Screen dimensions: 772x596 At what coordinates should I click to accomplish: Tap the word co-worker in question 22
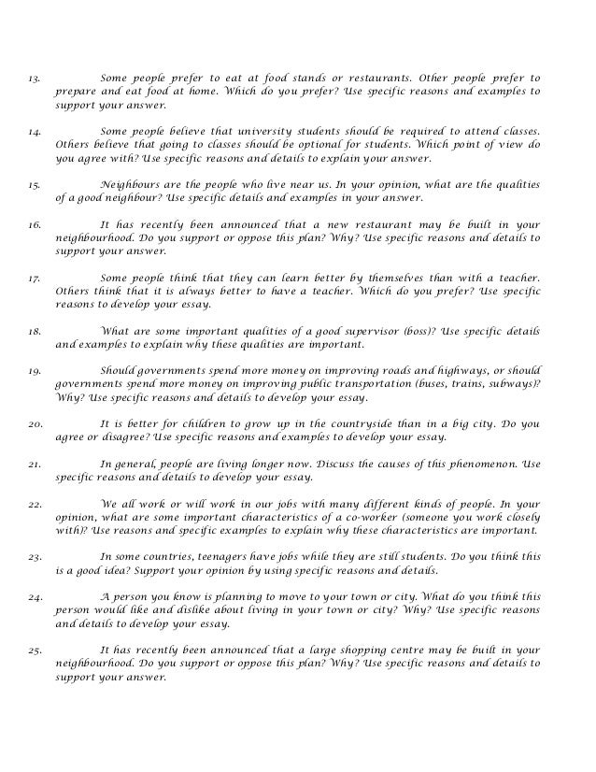pyautogui.click(x=333, y=516)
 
